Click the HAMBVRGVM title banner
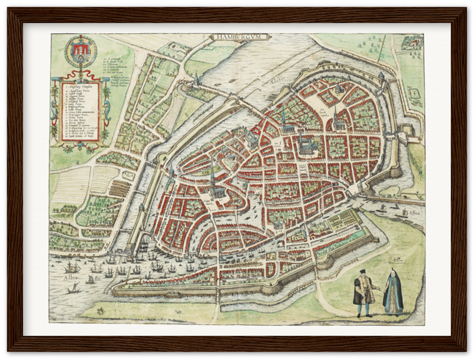pos(240,37)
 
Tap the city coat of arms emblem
pos(79,52)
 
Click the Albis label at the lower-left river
pos(71,276)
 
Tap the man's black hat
pos(362,273)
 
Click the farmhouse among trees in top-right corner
pos(408,42)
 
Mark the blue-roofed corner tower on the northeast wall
pos(381,77)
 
